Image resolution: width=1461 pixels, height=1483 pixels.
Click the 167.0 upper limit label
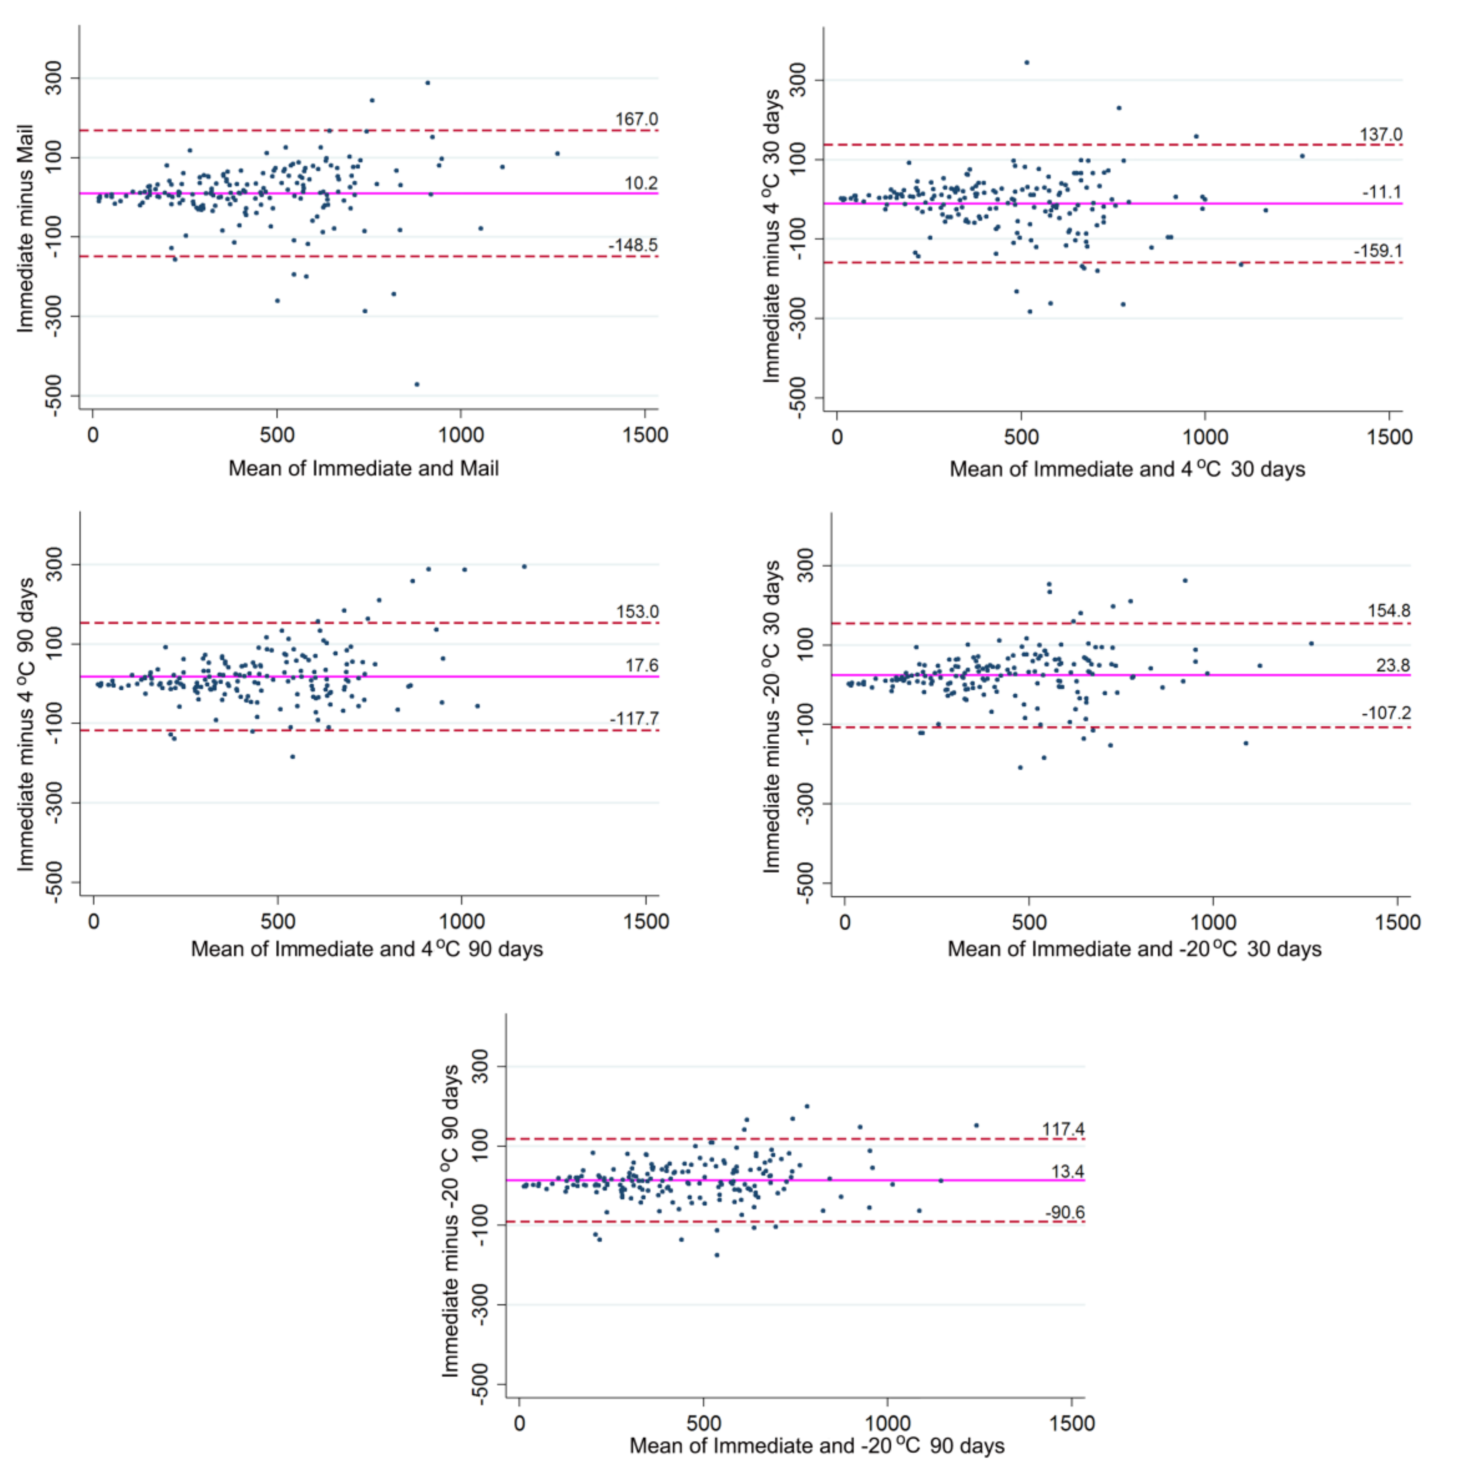pyautogui.click(x=636, y=119)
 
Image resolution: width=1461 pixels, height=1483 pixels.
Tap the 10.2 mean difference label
pyautogui.click(x=641, y=183)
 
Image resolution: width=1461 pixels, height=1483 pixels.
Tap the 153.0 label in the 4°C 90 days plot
pyautogui.click(x=637, y=612)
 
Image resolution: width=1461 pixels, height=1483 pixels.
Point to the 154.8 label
pyautogui.click(x=1388, y=611)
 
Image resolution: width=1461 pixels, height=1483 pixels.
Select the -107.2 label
pyautogui.click(x=1386, y=713)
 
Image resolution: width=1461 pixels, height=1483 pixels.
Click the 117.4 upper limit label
pyautogui.click(x=1063, y=1129)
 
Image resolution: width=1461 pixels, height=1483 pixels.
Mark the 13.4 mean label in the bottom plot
pyautogui.click(x=1067, y=1171)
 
